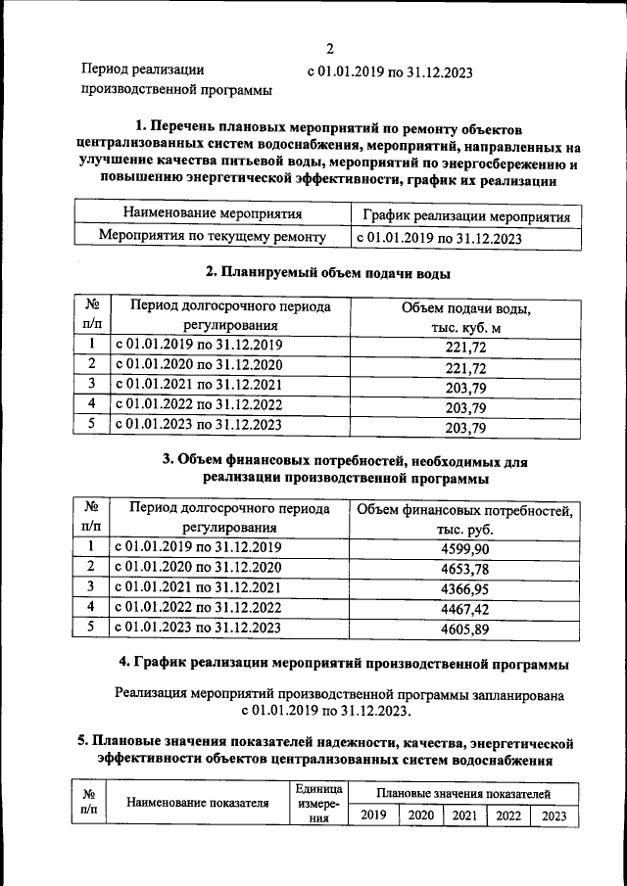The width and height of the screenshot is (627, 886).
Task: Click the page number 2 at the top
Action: (330, 49)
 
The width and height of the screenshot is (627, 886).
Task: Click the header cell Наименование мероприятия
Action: (212, 213)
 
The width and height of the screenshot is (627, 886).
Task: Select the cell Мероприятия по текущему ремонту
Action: (212, 237)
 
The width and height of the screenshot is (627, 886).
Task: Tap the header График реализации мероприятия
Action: (465, 214)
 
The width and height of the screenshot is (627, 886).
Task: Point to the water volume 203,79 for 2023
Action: (465, 428)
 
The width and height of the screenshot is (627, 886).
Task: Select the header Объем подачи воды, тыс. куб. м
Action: (465, 318)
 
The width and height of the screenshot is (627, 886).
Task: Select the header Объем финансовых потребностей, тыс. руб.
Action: (465, 520)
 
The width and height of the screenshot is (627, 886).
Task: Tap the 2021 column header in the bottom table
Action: (464, 816)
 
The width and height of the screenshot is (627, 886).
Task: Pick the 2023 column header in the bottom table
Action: (554, 816)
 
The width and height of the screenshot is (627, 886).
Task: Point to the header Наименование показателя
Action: (197, 804)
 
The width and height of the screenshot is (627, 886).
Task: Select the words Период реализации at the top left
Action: (142, 70)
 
